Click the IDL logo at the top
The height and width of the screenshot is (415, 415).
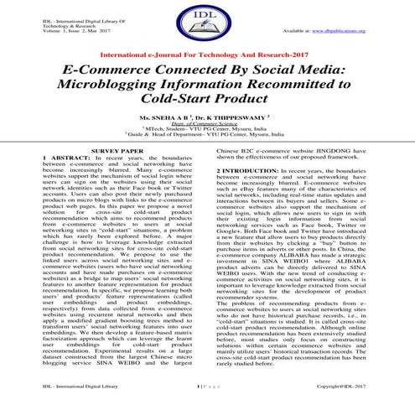tap(207, 28)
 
